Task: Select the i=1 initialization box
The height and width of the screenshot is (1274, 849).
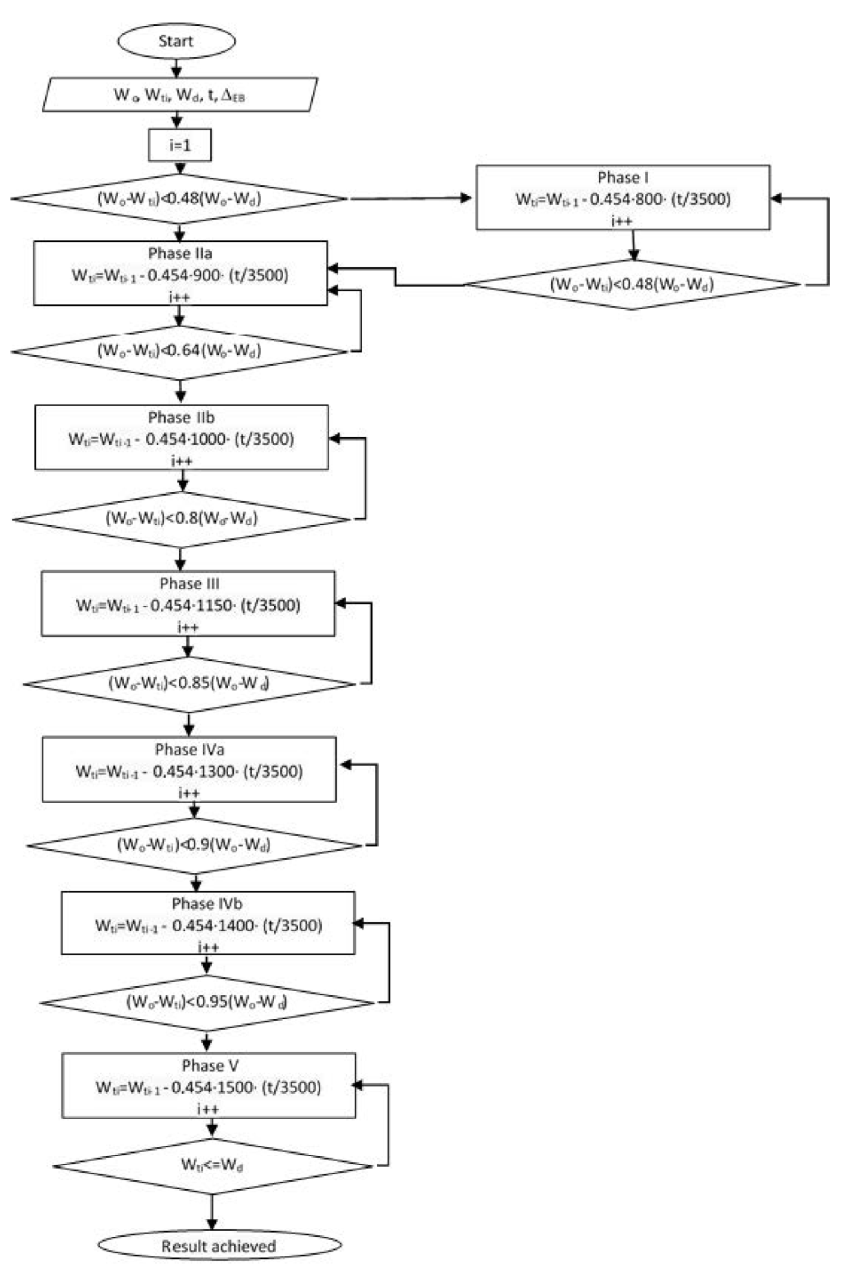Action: (x=180, y=145)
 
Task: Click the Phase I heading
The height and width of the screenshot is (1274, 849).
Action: (x=623, y=178)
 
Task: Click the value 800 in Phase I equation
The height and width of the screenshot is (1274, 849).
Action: (x=649, y=199)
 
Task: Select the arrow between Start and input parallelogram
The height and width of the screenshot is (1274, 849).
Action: (x=177, y=68)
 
